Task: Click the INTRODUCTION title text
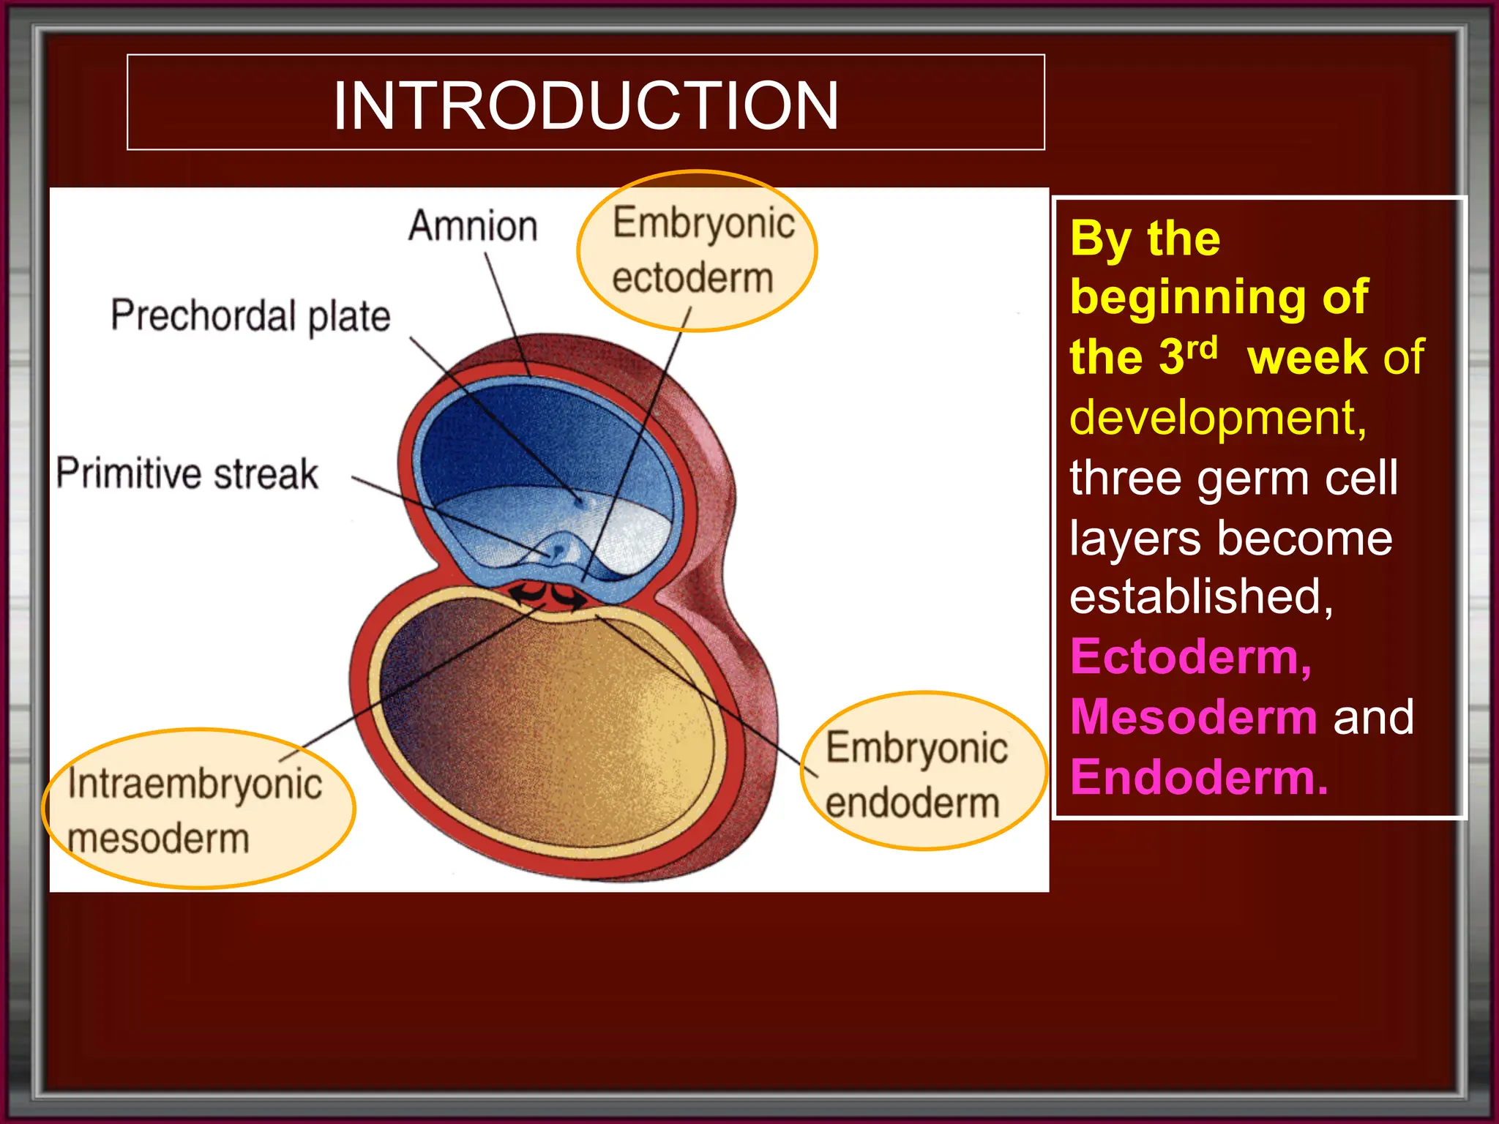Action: (x=586, y=105)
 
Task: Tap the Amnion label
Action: (x=473, y=225)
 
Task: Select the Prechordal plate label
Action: (x=250, y=315)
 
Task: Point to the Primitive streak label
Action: (x=187, y=473)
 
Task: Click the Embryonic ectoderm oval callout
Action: (x=697, y=250)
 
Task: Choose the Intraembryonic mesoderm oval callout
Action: (x=198, y=809)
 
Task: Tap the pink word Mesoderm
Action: (x=1194, y=716)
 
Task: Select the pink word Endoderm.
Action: (x=1198, y=776)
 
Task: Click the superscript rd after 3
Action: (x=1203, y=348)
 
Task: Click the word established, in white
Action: (x=1201, y=596)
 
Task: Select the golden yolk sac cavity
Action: (x=556, y=724)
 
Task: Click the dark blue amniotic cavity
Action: (x=512, y=439)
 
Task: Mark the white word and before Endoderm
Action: (x=1373, y=716)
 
